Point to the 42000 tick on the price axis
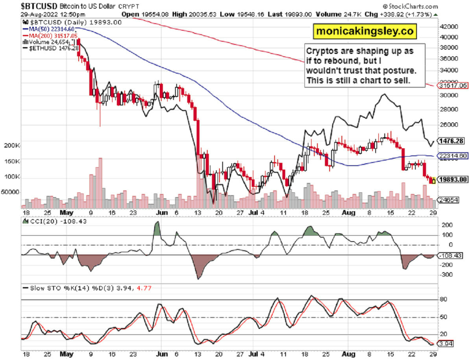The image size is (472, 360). coord(449,27)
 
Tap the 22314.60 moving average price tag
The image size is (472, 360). coord(453,156)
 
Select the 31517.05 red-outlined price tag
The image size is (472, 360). coord(453,85)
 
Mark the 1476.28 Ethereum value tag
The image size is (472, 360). coord(451,140)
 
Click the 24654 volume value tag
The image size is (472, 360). coord(450,200)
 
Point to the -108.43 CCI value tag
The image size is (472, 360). coord(451,255)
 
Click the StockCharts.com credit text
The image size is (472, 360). coord(413,7)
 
